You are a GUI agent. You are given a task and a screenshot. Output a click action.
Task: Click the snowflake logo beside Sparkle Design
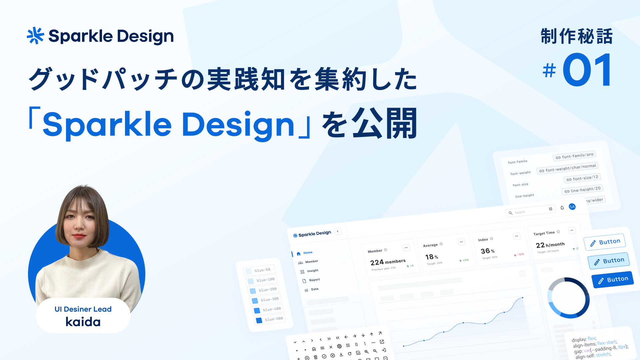point(35,36)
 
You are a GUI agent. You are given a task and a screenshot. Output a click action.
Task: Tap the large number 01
point(587,70)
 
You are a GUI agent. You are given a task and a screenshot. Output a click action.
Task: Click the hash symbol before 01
point(549,71)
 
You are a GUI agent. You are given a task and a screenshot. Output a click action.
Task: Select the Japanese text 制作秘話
point(576,36)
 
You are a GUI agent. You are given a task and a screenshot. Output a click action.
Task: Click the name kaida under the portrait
point(83,322)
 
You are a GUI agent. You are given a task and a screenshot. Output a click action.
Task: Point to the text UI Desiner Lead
point(83,309)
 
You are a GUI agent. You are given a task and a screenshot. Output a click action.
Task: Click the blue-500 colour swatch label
point(274,319)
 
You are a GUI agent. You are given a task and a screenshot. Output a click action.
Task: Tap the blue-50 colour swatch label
point(262,270)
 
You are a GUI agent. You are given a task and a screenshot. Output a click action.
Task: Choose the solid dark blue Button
point(613,280)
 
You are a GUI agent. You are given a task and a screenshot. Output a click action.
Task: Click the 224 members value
point(388,262)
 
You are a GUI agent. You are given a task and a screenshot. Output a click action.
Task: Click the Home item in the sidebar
point(308,253)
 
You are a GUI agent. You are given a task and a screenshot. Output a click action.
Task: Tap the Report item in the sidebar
point(314,280)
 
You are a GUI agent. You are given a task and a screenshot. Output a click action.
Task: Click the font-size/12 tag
point(582,178)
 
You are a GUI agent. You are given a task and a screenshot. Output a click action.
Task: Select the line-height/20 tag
point(582,190)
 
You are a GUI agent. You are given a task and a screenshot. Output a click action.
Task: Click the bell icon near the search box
point(562,208)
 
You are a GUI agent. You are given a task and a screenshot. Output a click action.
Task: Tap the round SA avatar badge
point(572,207)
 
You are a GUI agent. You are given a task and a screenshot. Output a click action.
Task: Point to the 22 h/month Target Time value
point(550,245)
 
